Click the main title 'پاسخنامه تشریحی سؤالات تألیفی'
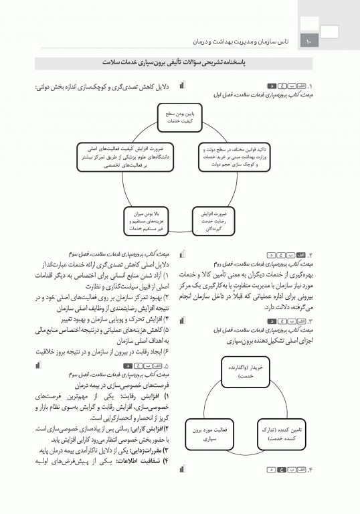(x=179, y=62)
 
